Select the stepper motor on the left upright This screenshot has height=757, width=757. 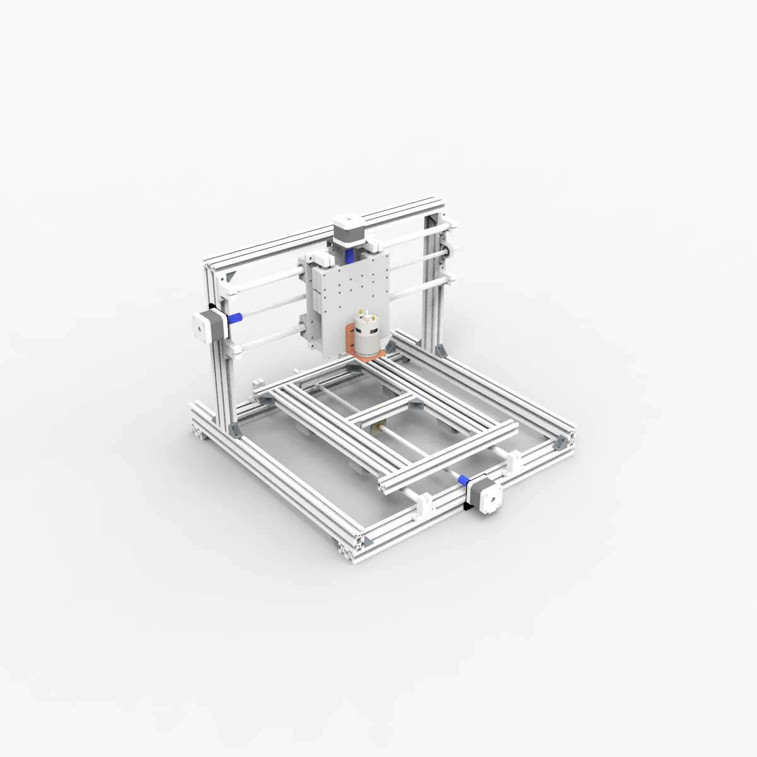coord(206,325)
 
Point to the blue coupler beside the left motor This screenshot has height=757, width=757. coord(235,317)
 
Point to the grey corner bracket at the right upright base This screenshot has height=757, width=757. coord(441,349)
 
